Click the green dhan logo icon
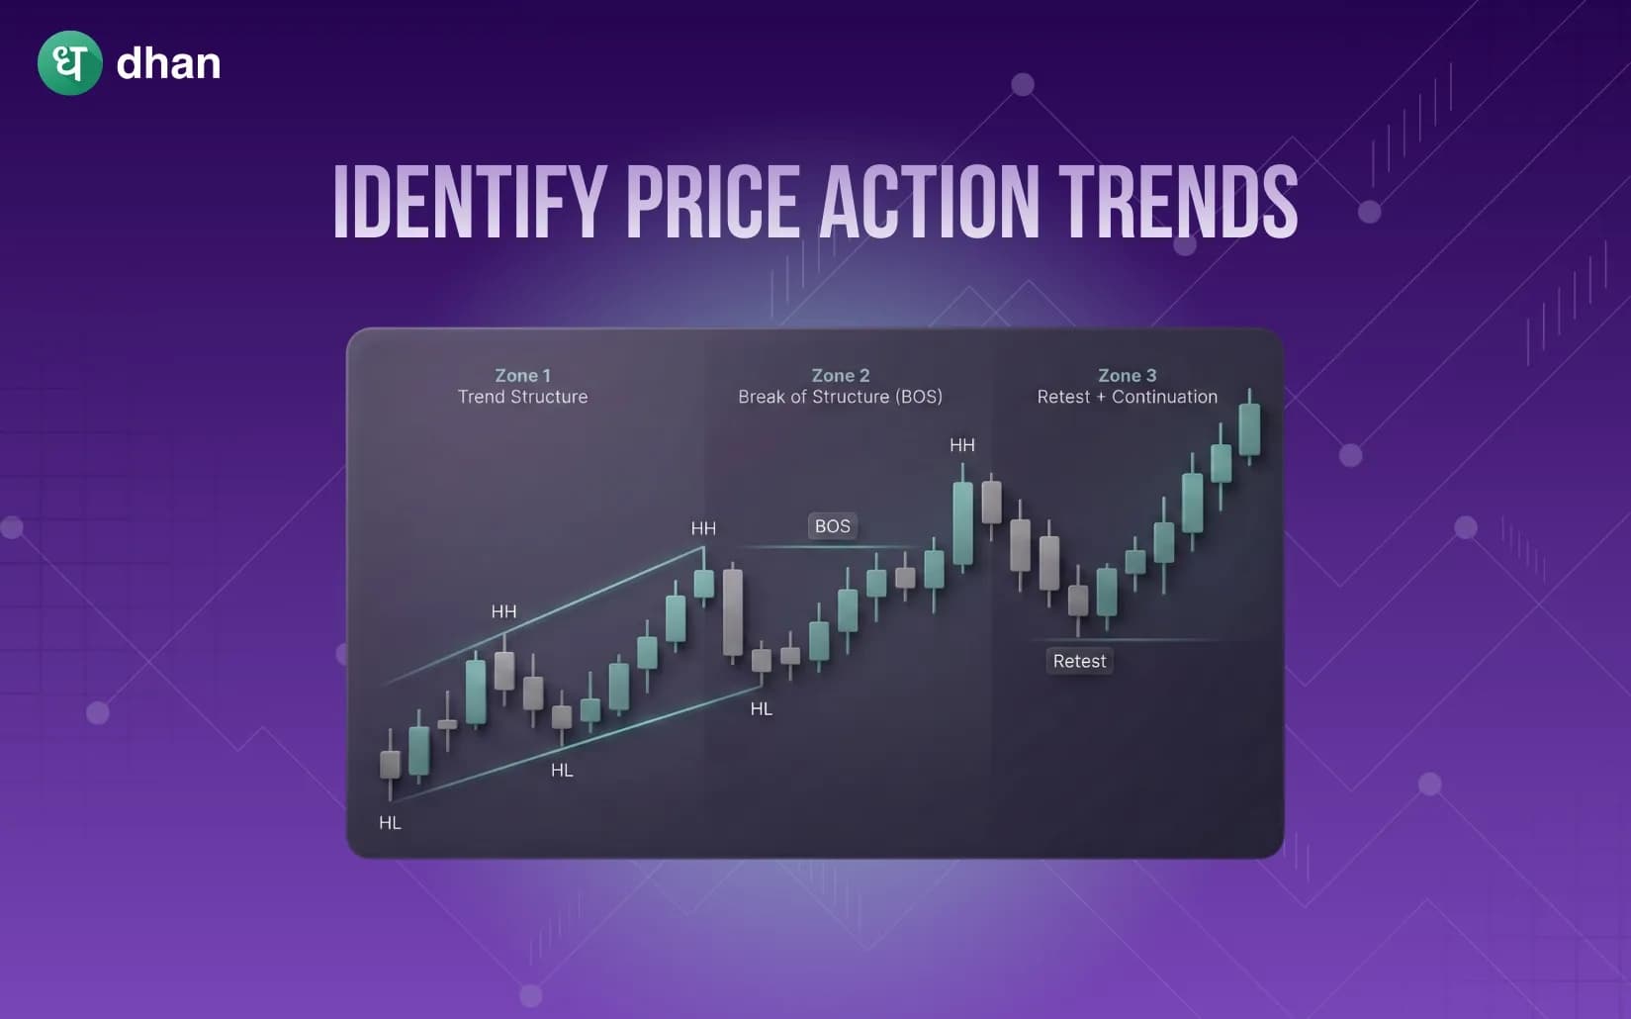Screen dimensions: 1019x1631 69,63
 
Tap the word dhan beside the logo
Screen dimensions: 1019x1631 168,64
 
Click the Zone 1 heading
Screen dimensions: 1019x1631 522,376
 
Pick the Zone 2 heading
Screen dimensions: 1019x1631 840,376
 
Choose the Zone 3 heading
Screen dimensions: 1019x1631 1127,376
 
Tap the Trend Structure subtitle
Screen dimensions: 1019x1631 522,397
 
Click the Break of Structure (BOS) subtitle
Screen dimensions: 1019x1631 840,397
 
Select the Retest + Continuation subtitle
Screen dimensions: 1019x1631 1127,397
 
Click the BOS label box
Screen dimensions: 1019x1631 832,526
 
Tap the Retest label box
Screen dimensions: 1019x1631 1079,661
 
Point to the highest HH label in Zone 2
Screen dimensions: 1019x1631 961,445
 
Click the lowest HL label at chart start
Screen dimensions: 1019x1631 390,823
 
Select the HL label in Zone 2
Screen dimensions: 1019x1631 761,708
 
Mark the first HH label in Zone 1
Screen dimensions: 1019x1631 503,611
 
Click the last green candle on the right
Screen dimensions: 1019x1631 1249,428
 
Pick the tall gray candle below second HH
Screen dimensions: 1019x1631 732,611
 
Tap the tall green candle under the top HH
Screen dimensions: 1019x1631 962,523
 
